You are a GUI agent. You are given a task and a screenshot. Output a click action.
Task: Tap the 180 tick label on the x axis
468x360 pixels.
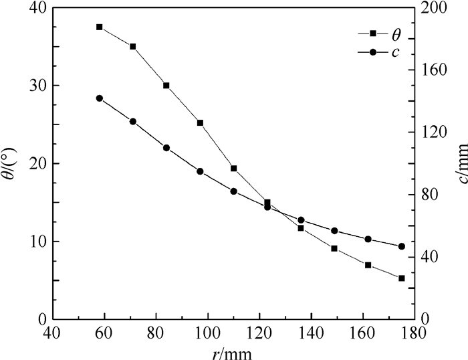(415, 331)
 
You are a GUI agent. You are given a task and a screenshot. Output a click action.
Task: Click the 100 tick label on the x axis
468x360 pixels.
(208, 331)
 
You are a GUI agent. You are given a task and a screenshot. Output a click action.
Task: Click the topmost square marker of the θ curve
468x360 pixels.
(99, 27)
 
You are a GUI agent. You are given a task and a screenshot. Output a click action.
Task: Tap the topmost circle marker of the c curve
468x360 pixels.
(99, 98)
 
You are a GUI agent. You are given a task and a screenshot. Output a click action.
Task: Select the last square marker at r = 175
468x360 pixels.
(401, 278)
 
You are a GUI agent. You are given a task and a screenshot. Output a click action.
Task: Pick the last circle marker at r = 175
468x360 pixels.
(401, 246)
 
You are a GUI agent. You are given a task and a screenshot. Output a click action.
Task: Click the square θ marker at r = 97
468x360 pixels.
(200, 123)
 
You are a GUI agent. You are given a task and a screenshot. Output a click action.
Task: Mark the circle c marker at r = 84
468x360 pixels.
(166, 148)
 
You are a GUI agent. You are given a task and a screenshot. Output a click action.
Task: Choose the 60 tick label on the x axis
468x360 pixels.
(104, 331)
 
